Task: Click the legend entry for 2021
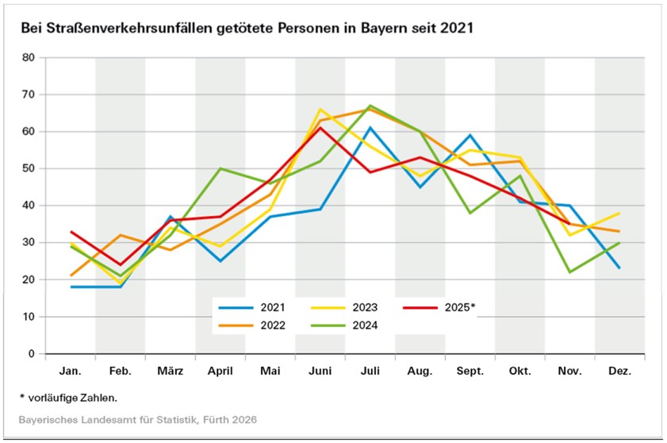[259, 306]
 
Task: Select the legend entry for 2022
[259, 324]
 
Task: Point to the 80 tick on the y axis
[29, 58]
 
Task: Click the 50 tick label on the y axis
[29, 169]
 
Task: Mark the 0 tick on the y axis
[32, 354]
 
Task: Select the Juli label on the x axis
[370, 371]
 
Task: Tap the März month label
[170, 371]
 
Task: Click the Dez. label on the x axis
[619, 371]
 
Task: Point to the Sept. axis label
[470, 371]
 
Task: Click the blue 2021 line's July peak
[370, 128]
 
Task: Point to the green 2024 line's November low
[569, 272]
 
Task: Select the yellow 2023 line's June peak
[320, 110]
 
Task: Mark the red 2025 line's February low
[120, 265]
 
